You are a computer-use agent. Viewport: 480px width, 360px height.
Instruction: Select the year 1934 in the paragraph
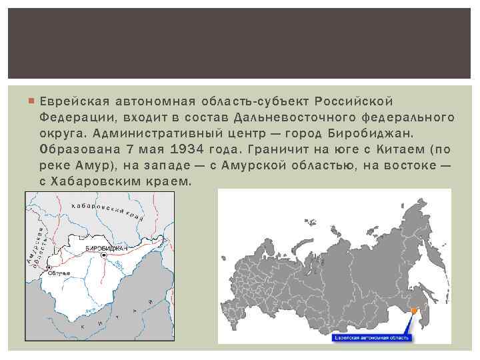(187, 149)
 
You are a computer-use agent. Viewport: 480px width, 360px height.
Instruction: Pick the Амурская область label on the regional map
(39, 247)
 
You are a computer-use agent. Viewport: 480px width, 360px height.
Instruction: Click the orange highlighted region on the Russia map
(414, 310)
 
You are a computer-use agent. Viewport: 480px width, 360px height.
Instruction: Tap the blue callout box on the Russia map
(372, 337)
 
